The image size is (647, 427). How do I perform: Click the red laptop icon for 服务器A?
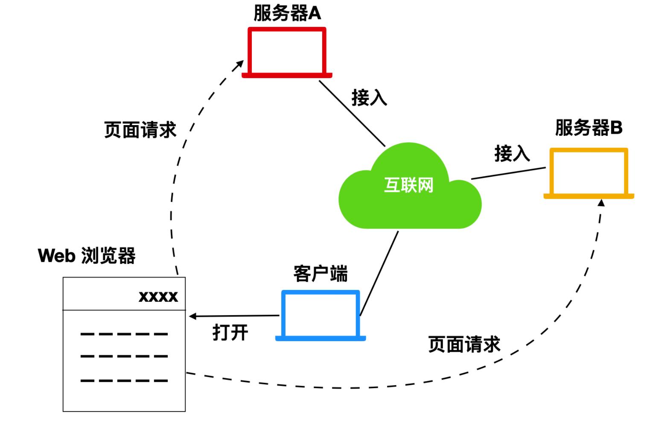(287, 53)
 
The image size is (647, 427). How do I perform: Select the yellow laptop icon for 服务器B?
(589, 173)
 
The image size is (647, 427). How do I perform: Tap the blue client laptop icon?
(321, 315)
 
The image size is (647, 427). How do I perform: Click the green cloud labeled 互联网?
(409, 188)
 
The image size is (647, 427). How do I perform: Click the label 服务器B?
(589, 128)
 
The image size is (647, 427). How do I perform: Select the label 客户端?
(321, 273)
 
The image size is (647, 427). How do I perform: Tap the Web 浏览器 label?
(87, 256)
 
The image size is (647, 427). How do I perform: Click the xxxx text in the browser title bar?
(158, 296)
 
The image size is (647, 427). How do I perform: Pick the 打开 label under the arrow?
(230, 332)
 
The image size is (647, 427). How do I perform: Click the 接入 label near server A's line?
(369, 97)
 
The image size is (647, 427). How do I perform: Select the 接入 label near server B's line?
(512, 153)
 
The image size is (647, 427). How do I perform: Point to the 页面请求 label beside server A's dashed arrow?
(140, 129)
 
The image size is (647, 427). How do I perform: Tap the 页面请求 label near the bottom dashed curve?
(464, 344)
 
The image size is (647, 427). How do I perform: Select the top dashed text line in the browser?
(124, 334)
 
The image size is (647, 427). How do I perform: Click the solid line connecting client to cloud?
(379, 273)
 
